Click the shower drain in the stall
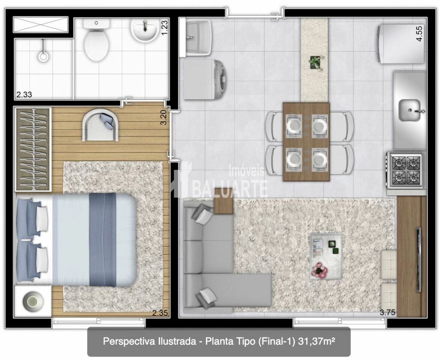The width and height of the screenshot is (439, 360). point(43,56)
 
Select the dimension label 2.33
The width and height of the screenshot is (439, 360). point(24,94)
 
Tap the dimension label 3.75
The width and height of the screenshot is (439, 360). point(388,312)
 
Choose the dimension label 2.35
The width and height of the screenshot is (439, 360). point(160,313)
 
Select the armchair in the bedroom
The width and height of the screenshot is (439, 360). point(100,125)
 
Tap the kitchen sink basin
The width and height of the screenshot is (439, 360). point(410,111)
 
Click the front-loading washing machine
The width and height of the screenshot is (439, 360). point(205,79)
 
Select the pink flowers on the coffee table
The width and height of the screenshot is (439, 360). point(319,270)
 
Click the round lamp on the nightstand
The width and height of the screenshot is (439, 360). point(33,301)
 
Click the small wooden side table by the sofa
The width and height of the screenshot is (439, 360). point(224,201)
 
